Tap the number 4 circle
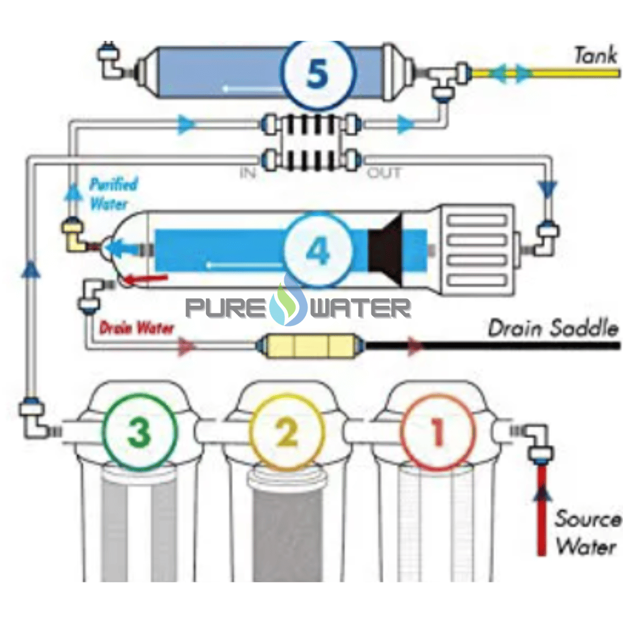coord(317,250)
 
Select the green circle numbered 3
coord(139,431)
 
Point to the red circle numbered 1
coord(438,431)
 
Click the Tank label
coord(596,55)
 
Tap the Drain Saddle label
coord(553,329)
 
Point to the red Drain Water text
coord(136,328)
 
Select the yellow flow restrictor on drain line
coord(311,347)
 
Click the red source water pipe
coord(542,513)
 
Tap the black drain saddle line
coord(519,347)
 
